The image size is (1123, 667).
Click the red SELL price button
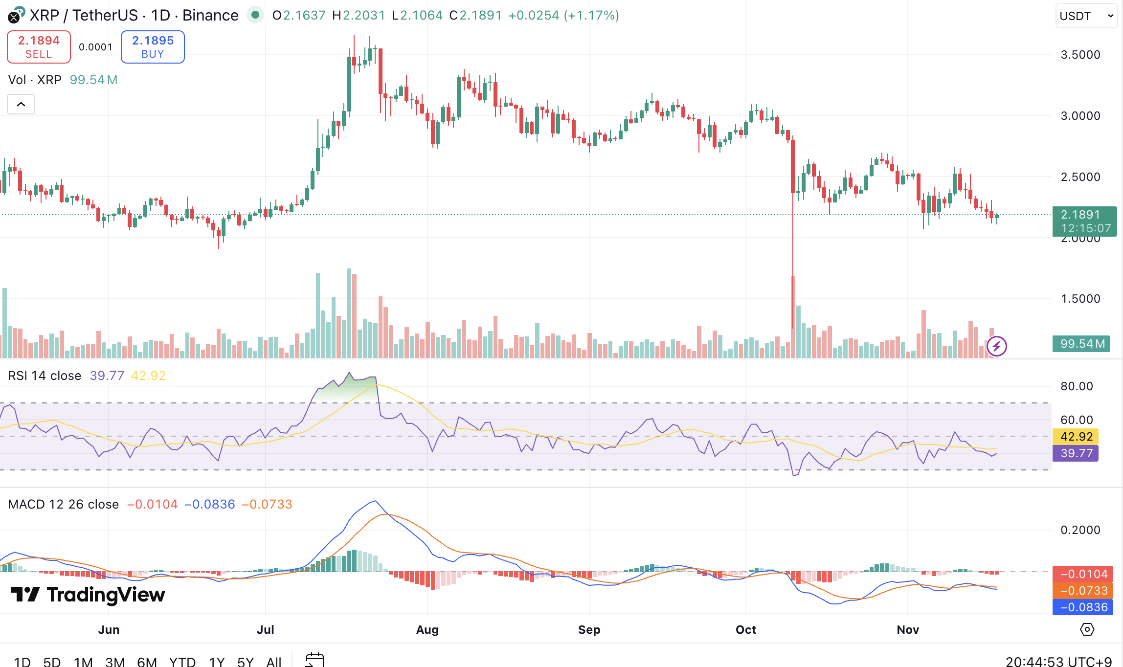tap(39, 47)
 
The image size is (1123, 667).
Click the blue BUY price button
tap(153, 47)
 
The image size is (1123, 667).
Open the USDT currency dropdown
tap(1086, 16)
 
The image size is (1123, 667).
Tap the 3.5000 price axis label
tap(1080, 55)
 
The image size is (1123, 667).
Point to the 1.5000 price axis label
tap(1080, 299)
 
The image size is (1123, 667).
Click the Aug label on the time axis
tap(427, 630)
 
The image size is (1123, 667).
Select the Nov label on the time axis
tap(907, 630)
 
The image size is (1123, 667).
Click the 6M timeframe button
tap(147, 662)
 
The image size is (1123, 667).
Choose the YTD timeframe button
tap(182, 662)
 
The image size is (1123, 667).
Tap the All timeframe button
tap(274, 662)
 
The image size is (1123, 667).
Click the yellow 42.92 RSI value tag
tap(1076, 437)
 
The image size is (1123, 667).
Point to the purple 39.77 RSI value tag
tap(1076, 453)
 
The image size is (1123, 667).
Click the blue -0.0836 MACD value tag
tap(1083, 607)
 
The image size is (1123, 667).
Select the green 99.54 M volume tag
tap(1081, 344)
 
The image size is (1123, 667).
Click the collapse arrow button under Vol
tap(21, 104)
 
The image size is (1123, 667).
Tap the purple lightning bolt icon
tap(996, 346)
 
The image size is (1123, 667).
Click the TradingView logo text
tap(88, 595)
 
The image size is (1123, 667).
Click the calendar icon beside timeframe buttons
tap(314, 660)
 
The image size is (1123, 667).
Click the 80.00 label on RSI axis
tap(1076, 386)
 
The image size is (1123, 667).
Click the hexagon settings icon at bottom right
tap(1087, 629)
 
